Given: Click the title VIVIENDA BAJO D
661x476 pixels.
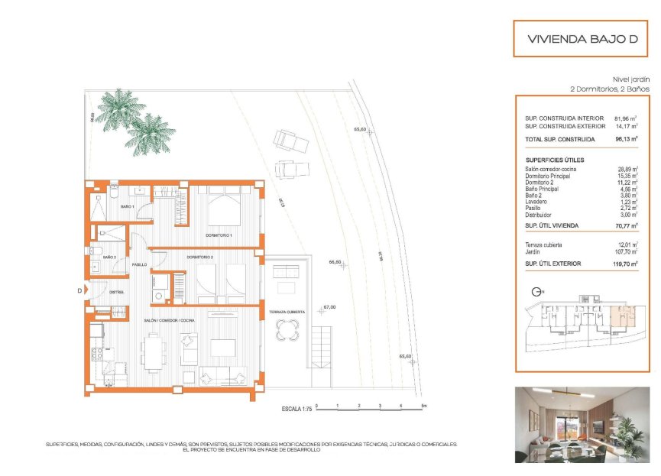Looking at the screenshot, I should click(x=582, y=39).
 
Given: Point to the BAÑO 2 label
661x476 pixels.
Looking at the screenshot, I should click(x=109, y=257).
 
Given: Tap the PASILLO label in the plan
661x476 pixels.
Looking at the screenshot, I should click(x=138, y=264).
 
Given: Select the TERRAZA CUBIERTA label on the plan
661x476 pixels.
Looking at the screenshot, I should click(x=287, y=312).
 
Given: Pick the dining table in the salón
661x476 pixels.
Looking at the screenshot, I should click(x=151, y=353).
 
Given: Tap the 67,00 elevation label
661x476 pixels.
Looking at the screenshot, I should click(x=329, y=307).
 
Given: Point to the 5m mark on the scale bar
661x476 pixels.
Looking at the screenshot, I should click(x=422, y=405).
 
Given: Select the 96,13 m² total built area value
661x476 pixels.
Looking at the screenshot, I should click(x=627, y=140).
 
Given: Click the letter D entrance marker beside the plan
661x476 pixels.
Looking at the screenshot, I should click(x=79, y=290).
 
